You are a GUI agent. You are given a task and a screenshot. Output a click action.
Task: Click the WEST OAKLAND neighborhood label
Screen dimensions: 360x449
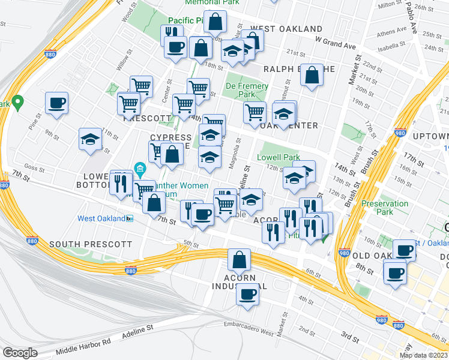tap(286, 29)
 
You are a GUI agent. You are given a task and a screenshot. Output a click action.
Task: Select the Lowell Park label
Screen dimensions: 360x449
tap(278, 157)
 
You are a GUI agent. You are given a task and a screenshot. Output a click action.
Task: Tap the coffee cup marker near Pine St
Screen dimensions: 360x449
tap(56, 103)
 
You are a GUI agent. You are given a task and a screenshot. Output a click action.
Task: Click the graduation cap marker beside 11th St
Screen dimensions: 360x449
tap(90, 139)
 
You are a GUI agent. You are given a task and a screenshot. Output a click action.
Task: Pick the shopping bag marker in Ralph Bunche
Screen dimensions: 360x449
tap(312, 76)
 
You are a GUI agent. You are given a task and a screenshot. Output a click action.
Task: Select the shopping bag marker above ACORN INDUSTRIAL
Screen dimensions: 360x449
tap(239, 260)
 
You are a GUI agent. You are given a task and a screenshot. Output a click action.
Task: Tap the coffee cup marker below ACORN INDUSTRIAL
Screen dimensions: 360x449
tap(247, 295)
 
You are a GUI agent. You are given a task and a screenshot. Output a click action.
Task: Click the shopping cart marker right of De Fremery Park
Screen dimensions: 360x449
tap(255, 112)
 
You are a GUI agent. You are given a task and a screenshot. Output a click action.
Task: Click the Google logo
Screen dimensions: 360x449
tap(20, 352)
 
